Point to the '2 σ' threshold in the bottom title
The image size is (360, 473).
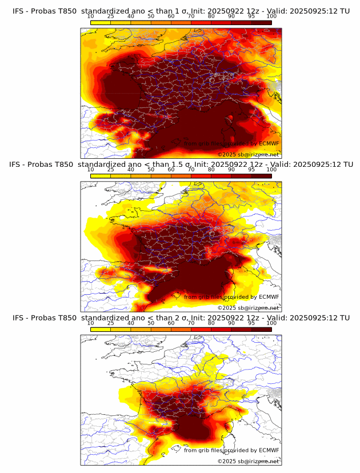click(174, 318)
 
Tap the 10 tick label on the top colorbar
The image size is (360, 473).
click(91, 16)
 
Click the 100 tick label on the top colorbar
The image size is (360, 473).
click(271, 16)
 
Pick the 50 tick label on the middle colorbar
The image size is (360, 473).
click(151, 170)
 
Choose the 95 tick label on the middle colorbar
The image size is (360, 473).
click(251, 170)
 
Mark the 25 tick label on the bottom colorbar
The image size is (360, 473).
click(111, 323)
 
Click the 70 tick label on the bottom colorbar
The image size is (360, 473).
click(191, 323)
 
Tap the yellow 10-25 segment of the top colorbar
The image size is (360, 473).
click(101, 22)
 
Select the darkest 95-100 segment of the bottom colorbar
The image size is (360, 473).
click(261, 328)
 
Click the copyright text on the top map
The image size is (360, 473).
click(248, 154)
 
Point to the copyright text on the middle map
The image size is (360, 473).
click(248, 307)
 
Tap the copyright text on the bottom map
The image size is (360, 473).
click(248, 461)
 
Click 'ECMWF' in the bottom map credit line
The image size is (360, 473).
click(269, 450)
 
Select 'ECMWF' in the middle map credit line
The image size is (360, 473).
click(269, 296)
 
